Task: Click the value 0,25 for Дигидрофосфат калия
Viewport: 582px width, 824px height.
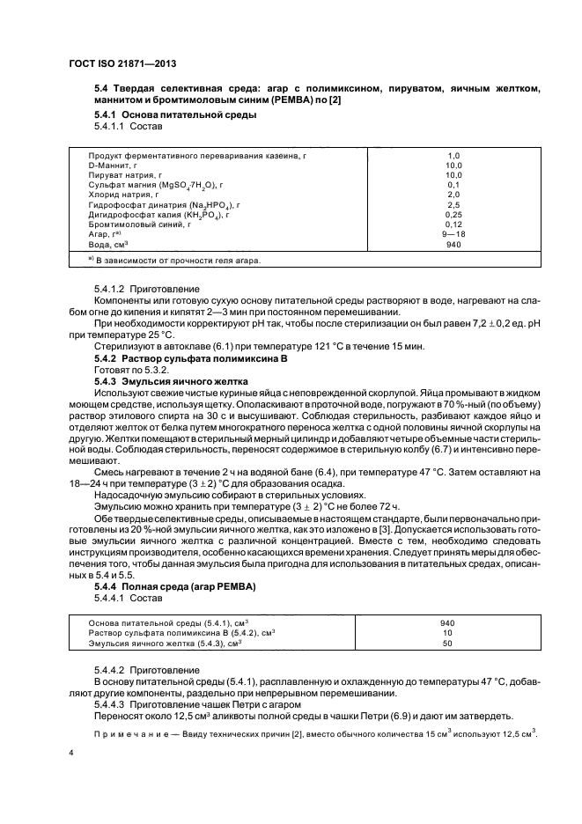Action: click(x=453, y=214)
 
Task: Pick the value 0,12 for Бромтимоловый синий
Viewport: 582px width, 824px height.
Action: click(x=453, y=224)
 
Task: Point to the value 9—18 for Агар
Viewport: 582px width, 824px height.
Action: click(x=453, y=233)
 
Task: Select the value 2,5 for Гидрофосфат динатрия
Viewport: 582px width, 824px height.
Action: click(x=453, y=204)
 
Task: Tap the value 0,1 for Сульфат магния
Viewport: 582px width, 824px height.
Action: click(x=453, y=184)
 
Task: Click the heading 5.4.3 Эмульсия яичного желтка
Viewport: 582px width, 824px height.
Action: click(x=172, y=379)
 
